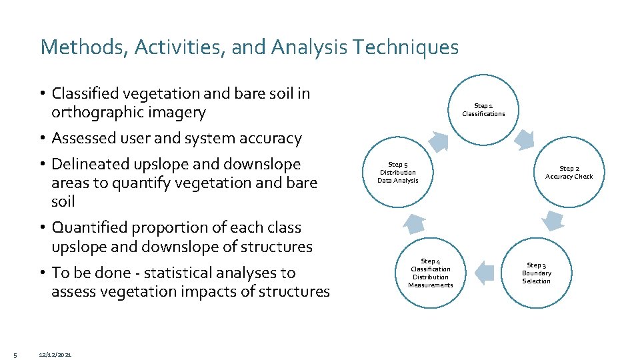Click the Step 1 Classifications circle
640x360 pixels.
[x=483, y=109]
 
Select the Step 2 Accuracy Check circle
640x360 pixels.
[x=568, y=173]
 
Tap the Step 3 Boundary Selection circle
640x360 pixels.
[x=537, y=273]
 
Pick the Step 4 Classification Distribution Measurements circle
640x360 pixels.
[x=430, y=273]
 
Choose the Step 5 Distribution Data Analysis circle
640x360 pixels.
[x=397, y=173]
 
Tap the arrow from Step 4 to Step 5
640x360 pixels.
[x=414, y=223]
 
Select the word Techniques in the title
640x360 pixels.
[x=407, y=47]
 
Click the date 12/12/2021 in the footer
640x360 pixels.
[x=56, y=353]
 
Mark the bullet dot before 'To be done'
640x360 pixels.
[x=42, y=273]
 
